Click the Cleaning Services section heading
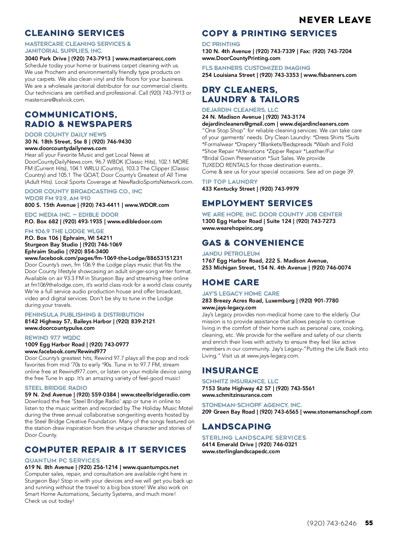(x=75, y=33)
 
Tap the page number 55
(x=369, y=523)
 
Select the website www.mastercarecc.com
(x=146, y=58)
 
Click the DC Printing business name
(x=221, y=44)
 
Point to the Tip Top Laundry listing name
(x=230, y=182)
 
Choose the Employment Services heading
(x=257, y=203)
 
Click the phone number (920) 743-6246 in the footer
(x=332, y=523)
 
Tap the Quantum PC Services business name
(x=62, y=460)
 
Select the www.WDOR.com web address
(x=147, y=205)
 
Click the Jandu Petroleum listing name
(x=231, y=254)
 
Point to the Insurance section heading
(x=230, y=370)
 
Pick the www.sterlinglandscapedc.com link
(x=241, y=451)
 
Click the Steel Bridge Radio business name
(x=56, y=388)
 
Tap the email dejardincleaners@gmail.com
(x=238, y=124)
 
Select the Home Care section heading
(x=231, y=282)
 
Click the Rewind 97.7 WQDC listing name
(x=52, y=338)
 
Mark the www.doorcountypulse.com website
(x=59, y=328)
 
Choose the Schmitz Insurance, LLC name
(x=240, y=381)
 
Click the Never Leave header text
(x=335, y=20)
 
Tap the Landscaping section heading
(x=236, y=427)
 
